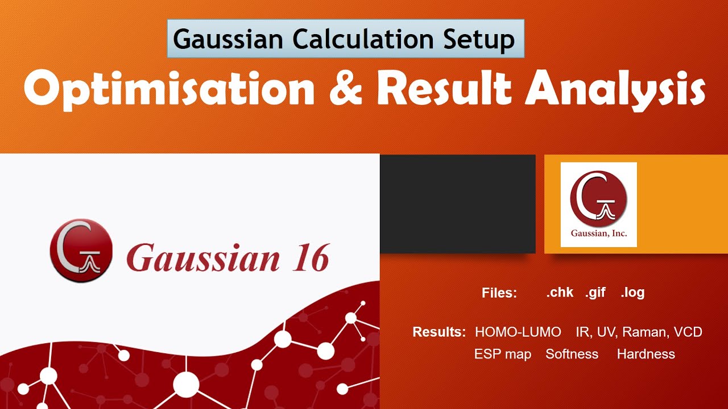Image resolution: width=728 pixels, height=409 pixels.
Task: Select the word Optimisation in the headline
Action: (169, 89)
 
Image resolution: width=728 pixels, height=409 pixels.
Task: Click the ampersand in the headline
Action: (345, 89)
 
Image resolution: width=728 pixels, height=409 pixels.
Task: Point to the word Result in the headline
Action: (442, 89)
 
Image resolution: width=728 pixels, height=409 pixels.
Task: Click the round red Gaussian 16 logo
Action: (81, 250)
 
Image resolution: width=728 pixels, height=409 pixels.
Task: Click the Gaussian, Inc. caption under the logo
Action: (598, 233)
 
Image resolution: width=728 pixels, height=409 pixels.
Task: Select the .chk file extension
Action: (559, 293)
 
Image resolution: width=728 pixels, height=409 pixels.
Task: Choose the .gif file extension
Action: (595, 293)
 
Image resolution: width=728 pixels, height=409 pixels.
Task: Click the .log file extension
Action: (632, 293)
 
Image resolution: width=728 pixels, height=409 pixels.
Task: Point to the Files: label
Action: (499, 294)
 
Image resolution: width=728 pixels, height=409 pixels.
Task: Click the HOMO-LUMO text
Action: (518, 332)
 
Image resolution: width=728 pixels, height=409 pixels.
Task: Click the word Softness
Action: (572, 354)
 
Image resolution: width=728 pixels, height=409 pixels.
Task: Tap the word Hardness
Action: (646, 354)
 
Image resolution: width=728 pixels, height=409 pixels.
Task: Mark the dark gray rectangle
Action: (457, 203)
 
